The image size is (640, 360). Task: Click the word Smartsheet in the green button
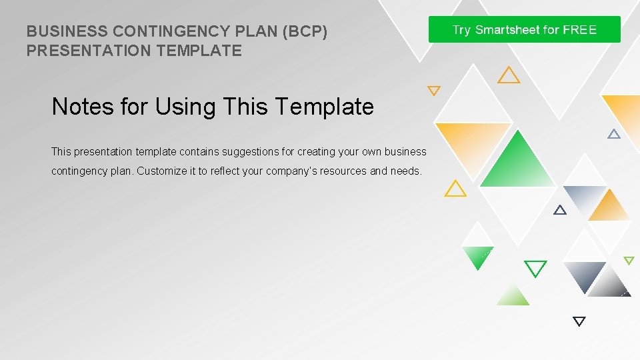pos(508,30)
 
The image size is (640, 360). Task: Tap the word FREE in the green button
pos(579,30)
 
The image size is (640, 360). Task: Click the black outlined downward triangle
pos(579,321)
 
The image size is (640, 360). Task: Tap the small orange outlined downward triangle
pos(434,90)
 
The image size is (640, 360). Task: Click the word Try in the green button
pos(461,30)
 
